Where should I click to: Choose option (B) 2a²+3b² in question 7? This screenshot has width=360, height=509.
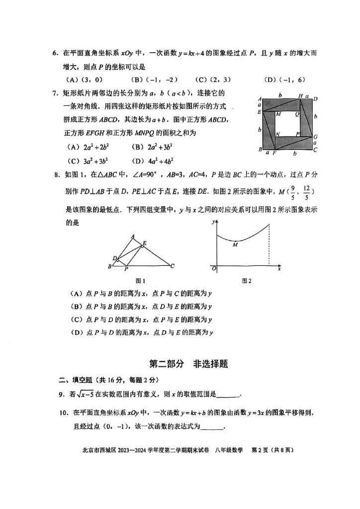click(149, 147)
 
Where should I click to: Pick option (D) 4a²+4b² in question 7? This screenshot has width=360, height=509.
click(149, 161)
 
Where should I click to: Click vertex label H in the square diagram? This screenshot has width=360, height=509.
click(300, 96)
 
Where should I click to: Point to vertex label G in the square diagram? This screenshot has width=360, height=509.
click(316, 137)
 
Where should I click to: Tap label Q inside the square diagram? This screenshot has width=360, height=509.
click(297, 114)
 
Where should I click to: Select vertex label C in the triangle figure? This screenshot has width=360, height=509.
click(172, 266)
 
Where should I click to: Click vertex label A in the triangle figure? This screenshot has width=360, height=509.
click(132, 236)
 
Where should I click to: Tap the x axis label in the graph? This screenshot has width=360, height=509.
click(279, 269)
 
